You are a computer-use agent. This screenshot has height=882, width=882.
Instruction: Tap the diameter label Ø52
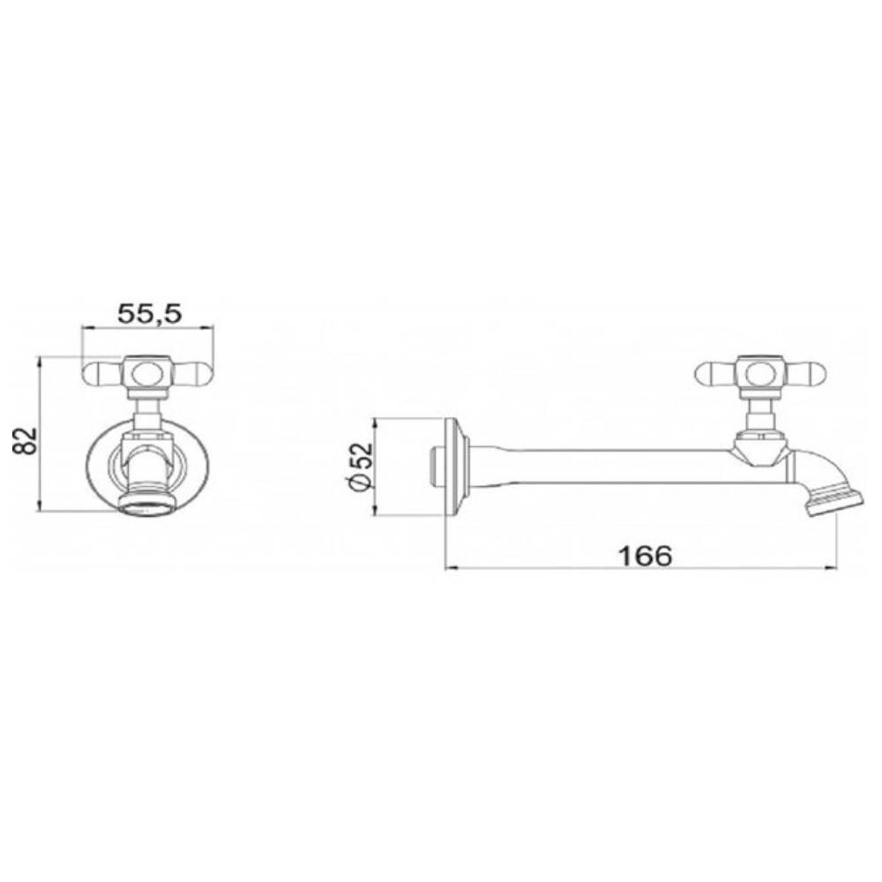[x=361, y=467]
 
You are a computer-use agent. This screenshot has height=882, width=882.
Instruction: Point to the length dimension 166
[x=645, y=556]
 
